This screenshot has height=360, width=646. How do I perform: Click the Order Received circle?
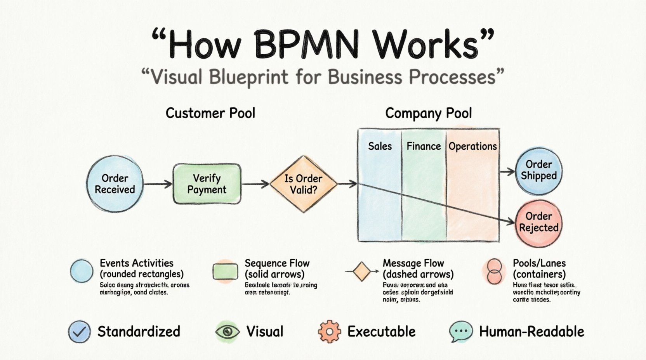click(x=115, y=184)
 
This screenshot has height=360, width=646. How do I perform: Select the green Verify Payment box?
click(x=207, y=184)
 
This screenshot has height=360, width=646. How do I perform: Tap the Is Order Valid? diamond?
click(x=303, y=184)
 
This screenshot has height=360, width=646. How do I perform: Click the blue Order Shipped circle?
click(x=538, y=170)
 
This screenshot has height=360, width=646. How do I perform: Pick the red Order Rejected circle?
click(x=538, y=222)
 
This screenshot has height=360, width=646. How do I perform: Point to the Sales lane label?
click(x=380, y=146)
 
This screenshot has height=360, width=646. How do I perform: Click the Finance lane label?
click(x=424, y=146)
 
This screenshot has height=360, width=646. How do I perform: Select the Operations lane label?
click(x=472, y=146)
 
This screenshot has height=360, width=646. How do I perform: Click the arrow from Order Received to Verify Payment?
click(x=158, y=184)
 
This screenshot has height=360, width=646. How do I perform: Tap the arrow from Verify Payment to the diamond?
click(x=255, y=184)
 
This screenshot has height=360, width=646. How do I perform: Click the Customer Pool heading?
click(x=210, y=113)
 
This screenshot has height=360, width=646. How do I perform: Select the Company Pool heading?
click(x=429, y=113)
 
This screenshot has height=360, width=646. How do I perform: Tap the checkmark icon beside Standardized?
click(x=79, y=332)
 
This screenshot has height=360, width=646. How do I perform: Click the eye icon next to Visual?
click(x=227, y=332)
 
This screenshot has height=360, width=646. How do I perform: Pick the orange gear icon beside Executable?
click(x=329, y=332)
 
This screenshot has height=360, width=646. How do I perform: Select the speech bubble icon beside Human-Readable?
click(x=461, y=332)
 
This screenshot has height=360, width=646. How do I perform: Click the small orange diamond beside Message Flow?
click(x=362, y=271)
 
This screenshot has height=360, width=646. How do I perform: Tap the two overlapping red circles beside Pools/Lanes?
click(x=494, y=272)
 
